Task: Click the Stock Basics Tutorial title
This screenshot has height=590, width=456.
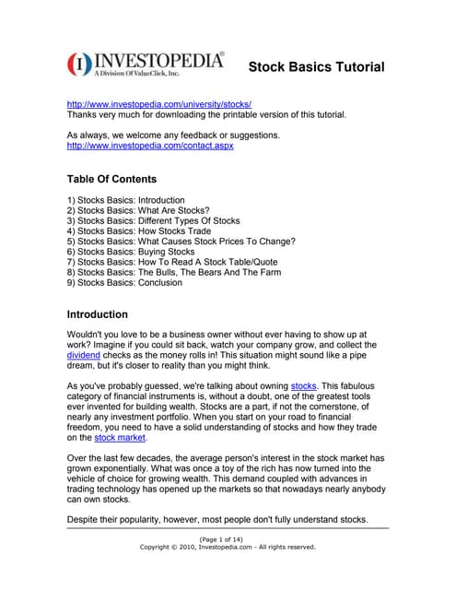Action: click(316, 67)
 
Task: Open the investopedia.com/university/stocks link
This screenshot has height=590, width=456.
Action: click(159, 105)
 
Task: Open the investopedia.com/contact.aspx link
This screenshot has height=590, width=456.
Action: click(150, 147)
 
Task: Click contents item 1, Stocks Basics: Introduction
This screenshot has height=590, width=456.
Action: click(126, 200)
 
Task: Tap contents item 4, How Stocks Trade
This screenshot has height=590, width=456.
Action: click(139, 231)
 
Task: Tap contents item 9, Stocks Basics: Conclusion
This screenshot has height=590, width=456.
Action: click(124, 282)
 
